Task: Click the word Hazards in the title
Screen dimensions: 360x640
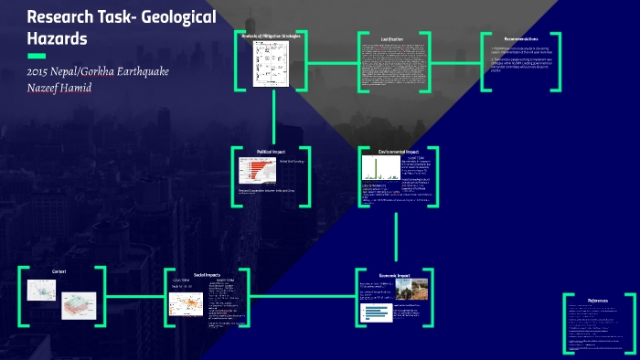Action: point(57,39)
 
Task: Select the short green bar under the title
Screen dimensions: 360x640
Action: point(37,56)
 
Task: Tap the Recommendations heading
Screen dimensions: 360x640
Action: point(520,39)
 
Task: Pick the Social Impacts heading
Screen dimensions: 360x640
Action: point(205,274)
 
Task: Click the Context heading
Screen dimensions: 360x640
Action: point(59,271)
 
